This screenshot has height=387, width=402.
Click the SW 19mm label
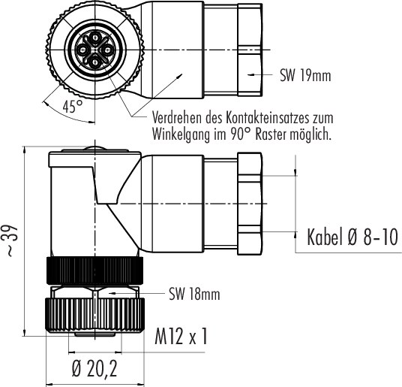(305, 75)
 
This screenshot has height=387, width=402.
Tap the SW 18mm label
(194, 294)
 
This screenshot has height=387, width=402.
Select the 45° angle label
(73, 107)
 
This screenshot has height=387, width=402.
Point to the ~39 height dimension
(12, 240)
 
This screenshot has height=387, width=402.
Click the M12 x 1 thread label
(181, 337)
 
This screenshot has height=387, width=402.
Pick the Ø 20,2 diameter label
(94, 368)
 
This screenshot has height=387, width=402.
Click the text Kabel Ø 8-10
(352, 237)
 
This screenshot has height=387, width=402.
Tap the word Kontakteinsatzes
(267, 118)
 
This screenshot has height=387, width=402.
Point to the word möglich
(310, 135)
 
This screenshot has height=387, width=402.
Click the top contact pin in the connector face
(95, 38)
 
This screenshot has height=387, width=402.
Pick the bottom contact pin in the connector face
(95, 62)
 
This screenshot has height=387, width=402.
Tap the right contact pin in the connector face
(106, 50)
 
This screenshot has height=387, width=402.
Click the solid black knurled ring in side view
(94, 271)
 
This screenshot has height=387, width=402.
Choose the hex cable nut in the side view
(250, 204)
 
